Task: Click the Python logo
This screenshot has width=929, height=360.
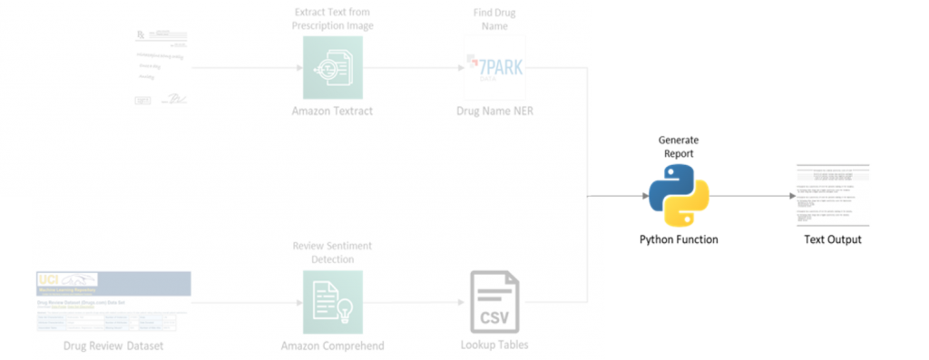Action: pos(679,194)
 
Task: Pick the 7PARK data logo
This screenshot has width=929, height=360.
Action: pos(494,69)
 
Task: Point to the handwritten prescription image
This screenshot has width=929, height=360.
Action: pos(161,71)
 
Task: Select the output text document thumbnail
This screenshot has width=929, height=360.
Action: pos(833,196)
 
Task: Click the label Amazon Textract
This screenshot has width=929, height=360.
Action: pos(332,112)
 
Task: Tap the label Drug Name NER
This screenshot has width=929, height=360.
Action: pos(494,112)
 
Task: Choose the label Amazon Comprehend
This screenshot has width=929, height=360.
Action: pos(332,345)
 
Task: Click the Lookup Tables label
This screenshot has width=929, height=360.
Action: pos(494,345)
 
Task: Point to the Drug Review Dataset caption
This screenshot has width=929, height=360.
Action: pos(113,345)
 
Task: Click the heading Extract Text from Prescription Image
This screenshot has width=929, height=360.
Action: pos(332,18)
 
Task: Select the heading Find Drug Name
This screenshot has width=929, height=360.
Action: pos(494,18)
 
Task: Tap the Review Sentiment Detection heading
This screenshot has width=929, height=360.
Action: pos(332,252)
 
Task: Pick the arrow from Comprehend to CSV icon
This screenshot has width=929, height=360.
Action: pos(413,301)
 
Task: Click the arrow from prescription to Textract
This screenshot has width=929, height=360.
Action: pos(245,69)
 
